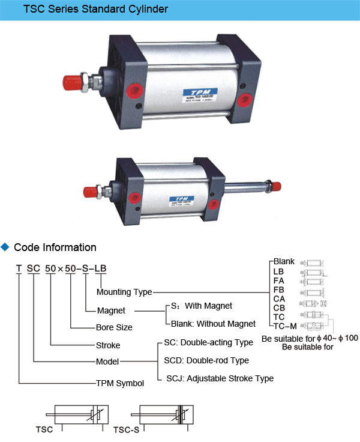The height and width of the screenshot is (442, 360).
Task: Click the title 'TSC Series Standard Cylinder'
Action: pyautogui.click(x=96, y=10)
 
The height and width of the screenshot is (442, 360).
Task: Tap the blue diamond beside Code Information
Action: pyautogui.click(x=6, y=247)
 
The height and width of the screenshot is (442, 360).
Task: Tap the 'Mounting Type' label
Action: pyautogui.click(x=124, y=292)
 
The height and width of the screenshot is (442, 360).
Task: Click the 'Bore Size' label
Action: pyautogui.click(x=114, y=327)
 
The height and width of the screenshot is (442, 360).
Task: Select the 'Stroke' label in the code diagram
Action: pyautogui.click(x=108, y=345)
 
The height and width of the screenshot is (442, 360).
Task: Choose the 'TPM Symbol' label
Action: pyautogui.click(x=120, y=383)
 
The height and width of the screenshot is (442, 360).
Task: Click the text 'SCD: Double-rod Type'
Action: pyautogui.click(x=206, y=360)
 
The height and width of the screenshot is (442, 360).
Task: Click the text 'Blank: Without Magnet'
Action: pyautogui.click(x=213, y=324)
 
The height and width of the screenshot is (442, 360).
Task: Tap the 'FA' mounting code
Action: pyautogui.click(x=279, y=280)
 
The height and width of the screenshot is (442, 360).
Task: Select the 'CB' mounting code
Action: pyautogui.click(x=279, y=307)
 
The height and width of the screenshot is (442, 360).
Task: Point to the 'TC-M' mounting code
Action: pyautogui.click(x=285, y=326)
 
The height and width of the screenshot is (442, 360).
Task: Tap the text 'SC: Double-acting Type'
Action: pyautogui.click(x=209, y=342)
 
